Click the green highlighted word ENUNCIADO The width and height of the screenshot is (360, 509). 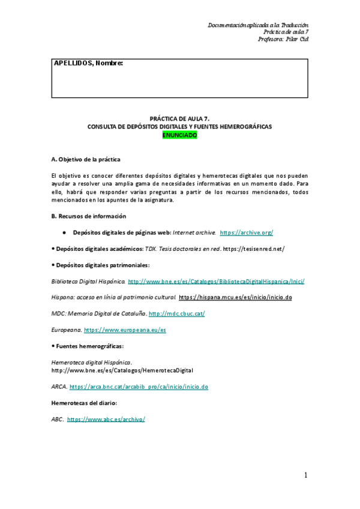[x=180, y=135]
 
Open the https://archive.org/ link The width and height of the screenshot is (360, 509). [x=247, y=232]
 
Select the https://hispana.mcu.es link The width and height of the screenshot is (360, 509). [x=235, y=297]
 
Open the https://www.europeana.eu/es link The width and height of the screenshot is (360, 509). [x=125, y=330]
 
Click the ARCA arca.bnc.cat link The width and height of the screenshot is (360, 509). [x=139, y=387]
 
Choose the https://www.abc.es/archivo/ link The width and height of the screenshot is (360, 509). [x=106, y=419]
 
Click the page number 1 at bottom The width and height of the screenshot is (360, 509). [x=305, y=475]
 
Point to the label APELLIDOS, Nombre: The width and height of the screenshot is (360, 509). [x=88, y=64]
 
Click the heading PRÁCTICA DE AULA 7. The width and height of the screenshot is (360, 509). [x=179, y=119]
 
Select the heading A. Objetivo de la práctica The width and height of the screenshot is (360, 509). [x=86, y=159]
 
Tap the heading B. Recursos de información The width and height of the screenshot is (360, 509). [x=89, y=216]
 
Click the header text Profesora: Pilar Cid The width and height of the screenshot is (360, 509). [x=283, y=39]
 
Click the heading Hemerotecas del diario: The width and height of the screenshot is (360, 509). [x=83, y=403]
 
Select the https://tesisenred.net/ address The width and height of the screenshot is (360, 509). [x=253, y=248]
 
